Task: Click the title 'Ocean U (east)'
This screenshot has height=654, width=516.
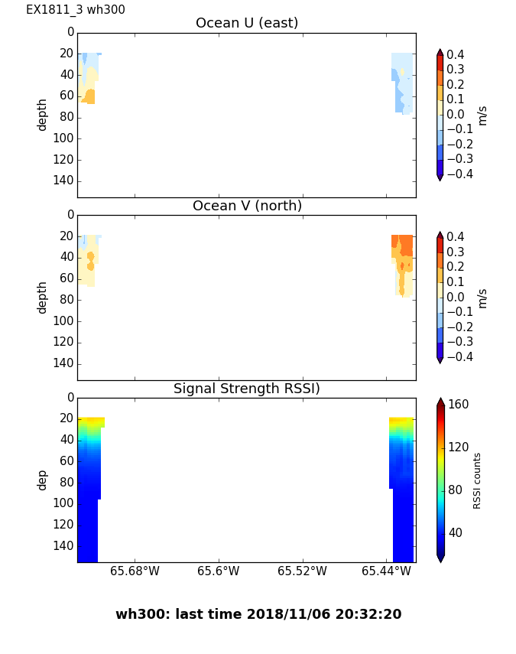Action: [x=246, y=23]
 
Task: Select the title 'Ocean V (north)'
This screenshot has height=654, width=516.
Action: [x=246, y=206]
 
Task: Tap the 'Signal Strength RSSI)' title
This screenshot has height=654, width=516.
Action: [x=246, y=389]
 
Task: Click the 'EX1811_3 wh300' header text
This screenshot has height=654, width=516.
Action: [x=76, y=10]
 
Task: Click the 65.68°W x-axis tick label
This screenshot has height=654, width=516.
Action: [x=135, y=571]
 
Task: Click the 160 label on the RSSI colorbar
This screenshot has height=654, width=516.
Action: [x=458, y=405]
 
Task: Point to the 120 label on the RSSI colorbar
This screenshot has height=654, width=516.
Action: [x=458, y=447]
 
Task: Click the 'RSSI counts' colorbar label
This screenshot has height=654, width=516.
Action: [x=477, y=480]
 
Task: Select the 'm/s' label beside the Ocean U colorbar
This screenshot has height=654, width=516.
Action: [x=482, y=115]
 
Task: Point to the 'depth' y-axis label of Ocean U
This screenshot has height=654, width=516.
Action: [x=43, y=114]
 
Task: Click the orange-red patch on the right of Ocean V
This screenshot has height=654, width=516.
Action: [x=403, y=245]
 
